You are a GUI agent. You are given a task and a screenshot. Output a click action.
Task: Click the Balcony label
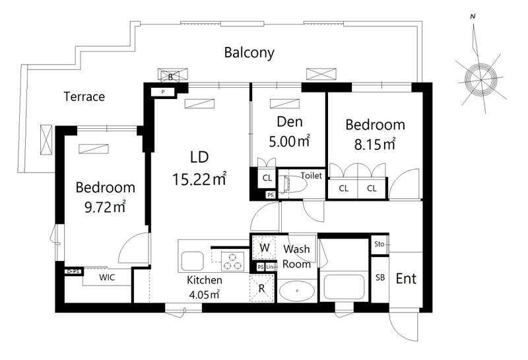249,53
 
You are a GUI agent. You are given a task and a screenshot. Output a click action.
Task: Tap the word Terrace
84,96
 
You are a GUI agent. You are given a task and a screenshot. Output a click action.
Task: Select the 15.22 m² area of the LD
199,179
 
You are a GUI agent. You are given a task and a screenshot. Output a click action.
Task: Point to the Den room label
290,122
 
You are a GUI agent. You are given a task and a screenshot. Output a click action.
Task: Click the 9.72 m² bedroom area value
105,207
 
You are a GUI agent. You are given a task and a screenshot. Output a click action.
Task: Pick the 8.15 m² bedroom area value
375,144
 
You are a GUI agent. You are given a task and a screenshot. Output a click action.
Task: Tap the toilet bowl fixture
292,184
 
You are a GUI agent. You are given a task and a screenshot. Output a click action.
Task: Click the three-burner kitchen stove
233,261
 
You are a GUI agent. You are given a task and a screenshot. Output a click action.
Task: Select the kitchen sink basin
192,261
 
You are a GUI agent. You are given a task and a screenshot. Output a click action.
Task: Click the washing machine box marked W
265,248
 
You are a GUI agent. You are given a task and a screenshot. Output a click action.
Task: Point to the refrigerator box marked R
261,288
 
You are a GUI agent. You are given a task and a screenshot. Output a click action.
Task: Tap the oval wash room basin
297,291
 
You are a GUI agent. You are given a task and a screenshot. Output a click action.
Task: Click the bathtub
343,287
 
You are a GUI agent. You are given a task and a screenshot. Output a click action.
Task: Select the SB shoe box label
380,277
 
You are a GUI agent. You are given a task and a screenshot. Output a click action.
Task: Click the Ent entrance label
406,279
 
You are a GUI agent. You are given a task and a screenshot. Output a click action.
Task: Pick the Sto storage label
379,244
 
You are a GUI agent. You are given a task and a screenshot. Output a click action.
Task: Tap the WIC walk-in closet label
107,277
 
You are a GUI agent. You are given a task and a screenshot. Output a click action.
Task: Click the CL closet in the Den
267,178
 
